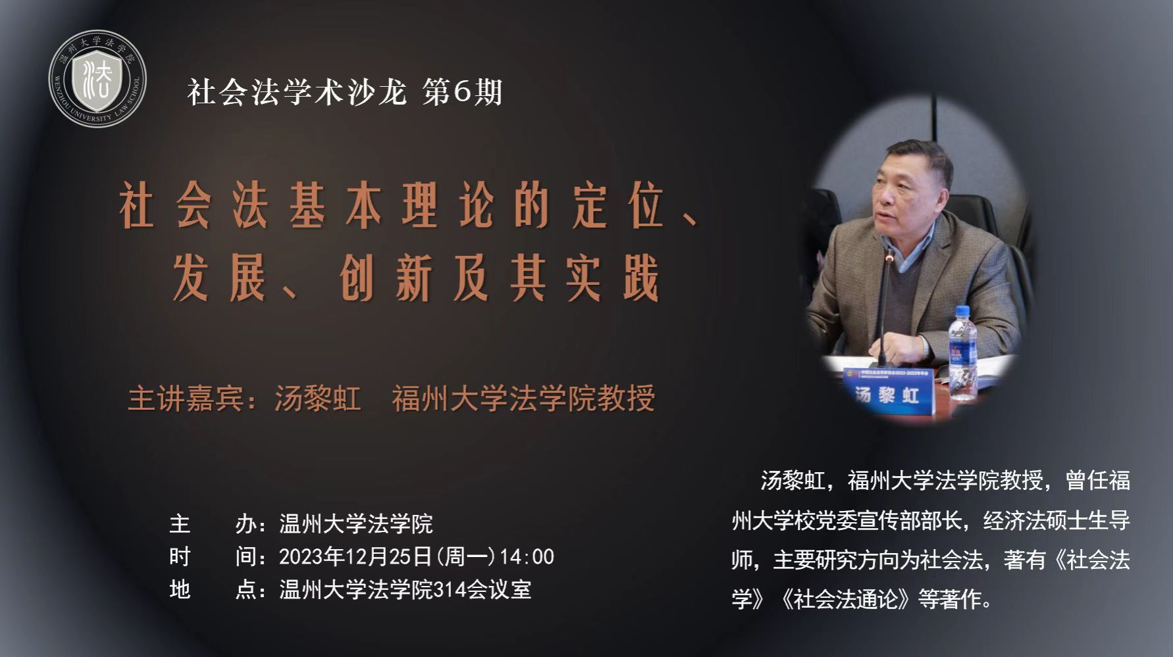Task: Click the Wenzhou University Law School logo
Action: pyautogui.click(x=98, y=78)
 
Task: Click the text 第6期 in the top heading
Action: pyautogui.click(x=463, y=91)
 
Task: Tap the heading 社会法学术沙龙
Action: pyautogui.click(x=297, y=91)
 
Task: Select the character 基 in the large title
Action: pyautogui.click(x=307, y=207)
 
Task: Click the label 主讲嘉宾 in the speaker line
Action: pyautogui.click(x=185, y=399)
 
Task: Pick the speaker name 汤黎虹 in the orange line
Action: pyautogui.click(x=317, y=399)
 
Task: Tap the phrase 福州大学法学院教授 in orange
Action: pyautogui.click(x=524, y=399)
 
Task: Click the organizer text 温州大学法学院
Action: pyautogui.click(x=356, y=523)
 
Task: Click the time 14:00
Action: pyautogui.click(x=527, y=557)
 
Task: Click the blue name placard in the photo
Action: pyautogui.click(x=889, y=392)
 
